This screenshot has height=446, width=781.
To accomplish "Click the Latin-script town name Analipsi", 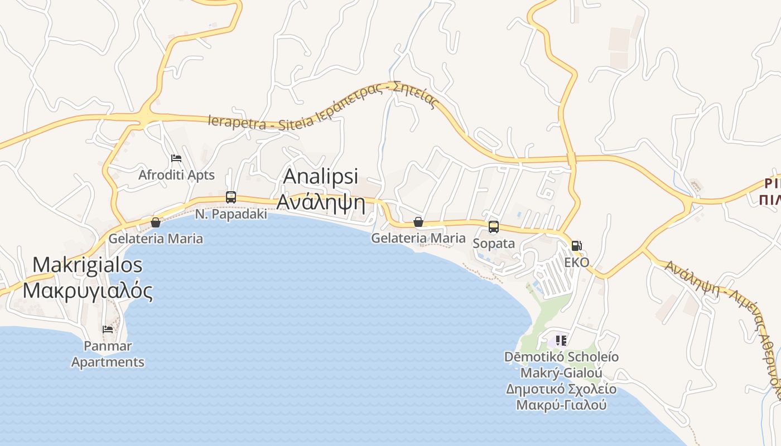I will tap(321, 176).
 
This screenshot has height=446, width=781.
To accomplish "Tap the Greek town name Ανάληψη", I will tap(321, 203).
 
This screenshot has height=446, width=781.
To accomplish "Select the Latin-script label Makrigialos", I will tap(88, 265).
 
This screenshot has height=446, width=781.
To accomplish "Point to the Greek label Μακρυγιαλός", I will tap(88, 290).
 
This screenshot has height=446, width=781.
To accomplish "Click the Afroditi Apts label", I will tap(176, 175).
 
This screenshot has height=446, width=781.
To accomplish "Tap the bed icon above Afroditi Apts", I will tap(176, 158).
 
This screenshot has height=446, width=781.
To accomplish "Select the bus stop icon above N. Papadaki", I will tap(231, 197).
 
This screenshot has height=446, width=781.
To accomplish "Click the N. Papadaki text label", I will tap(231, 214).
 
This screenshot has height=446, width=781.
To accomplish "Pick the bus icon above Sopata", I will tap(494, 226).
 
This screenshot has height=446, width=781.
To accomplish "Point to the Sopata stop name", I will tap(494, 244).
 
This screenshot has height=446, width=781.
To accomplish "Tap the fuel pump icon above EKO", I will tap(577, 245).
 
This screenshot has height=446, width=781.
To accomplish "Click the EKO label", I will tap(577, 262).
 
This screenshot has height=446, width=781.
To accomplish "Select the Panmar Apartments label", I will tap(108, 354).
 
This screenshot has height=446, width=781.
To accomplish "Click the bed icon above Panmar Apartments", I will tap(108, 329).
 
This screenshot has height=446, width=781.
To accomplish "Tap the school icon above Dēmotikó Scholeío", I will tap(561, 340).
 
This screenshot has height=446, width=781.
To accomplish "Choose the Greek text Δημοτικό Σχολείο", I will tap(561, 389).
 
